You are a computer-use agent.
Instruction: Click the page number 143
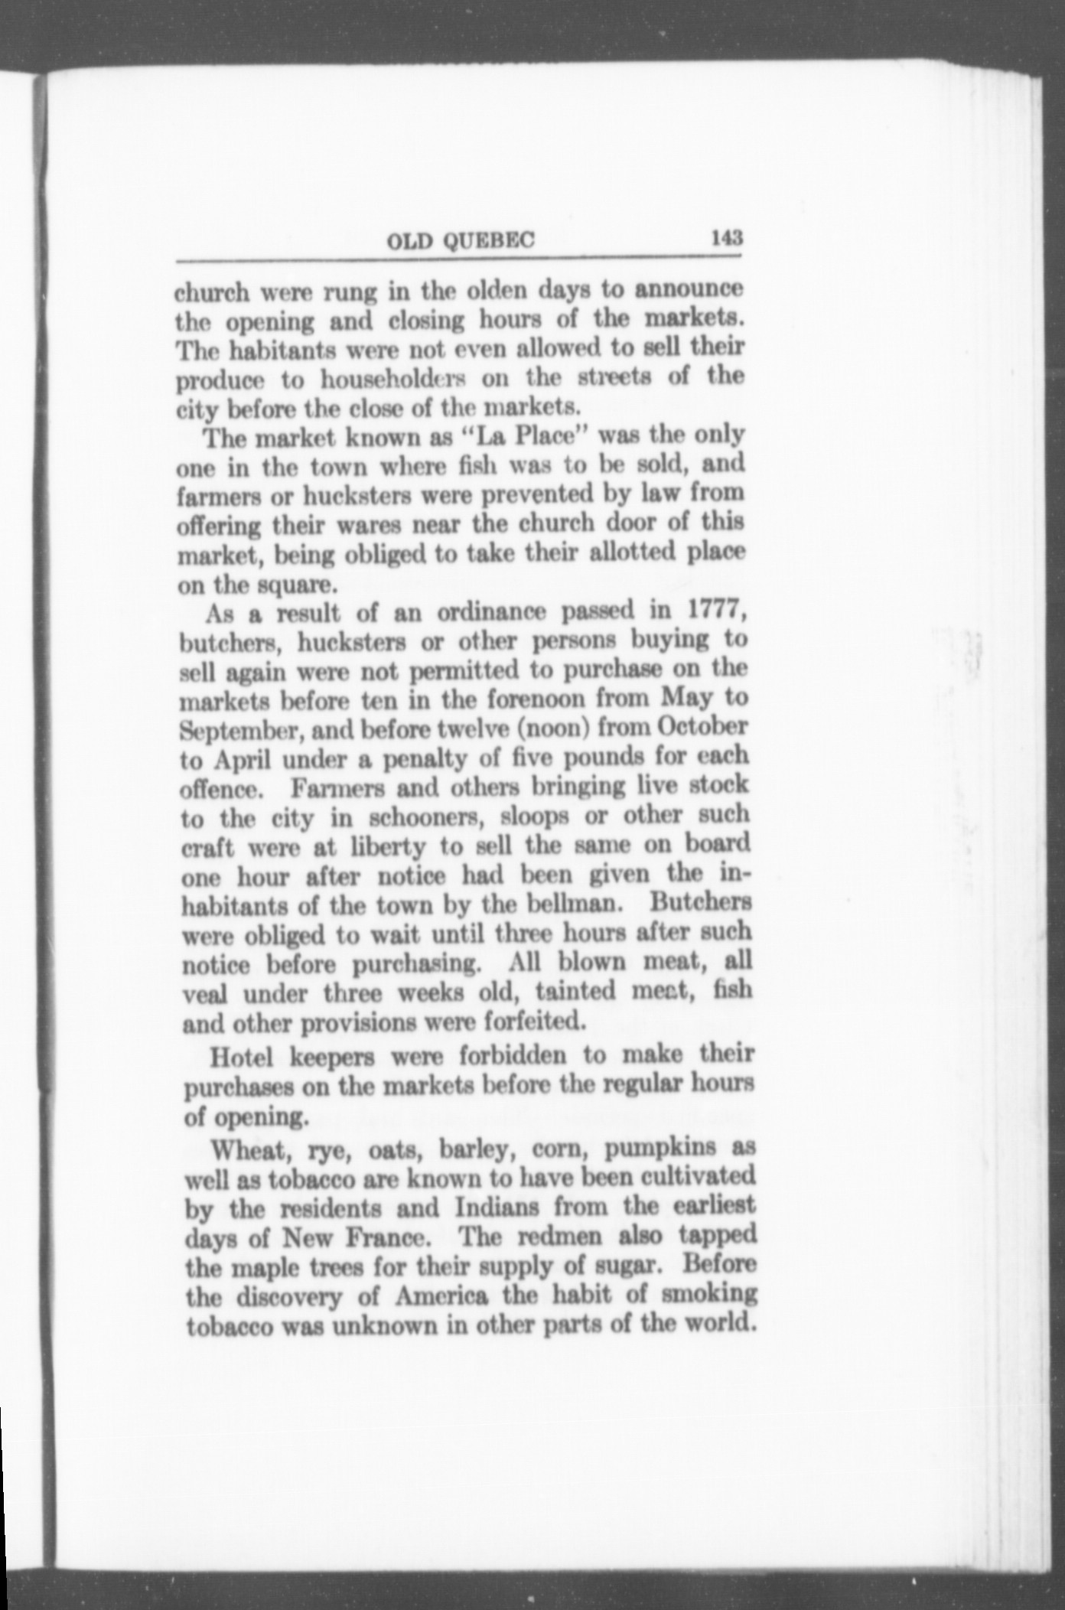coord(726,237)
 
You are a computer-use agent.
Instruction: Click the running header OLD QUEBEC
coord(461,241)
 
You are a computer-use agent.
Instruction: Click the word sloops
coord(534,816)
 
